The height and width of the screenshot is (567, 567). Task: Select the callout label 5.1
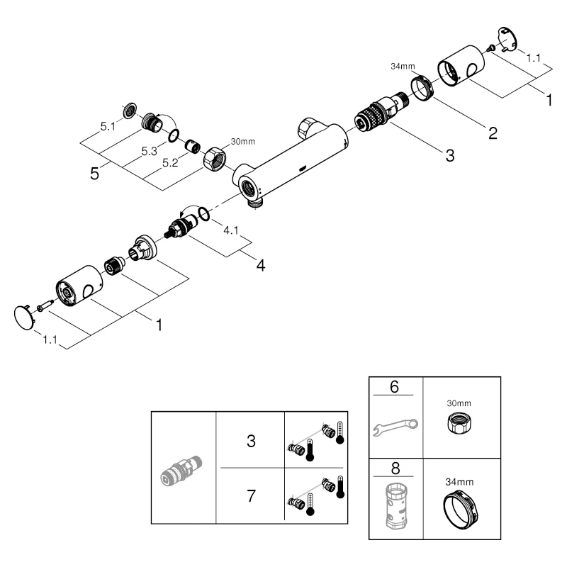[x=108, y=127]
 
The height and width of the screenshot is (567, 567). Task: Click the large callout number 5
[x=94, y=173]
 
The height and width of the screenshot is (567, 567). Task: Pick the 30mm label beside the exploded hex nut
[x=242, y=142]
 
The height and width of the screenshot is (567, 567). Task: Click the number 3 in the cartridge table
[x=250, y=440]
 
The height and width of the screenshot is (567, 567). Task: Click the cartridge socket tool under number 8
[x=395, y=507]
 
